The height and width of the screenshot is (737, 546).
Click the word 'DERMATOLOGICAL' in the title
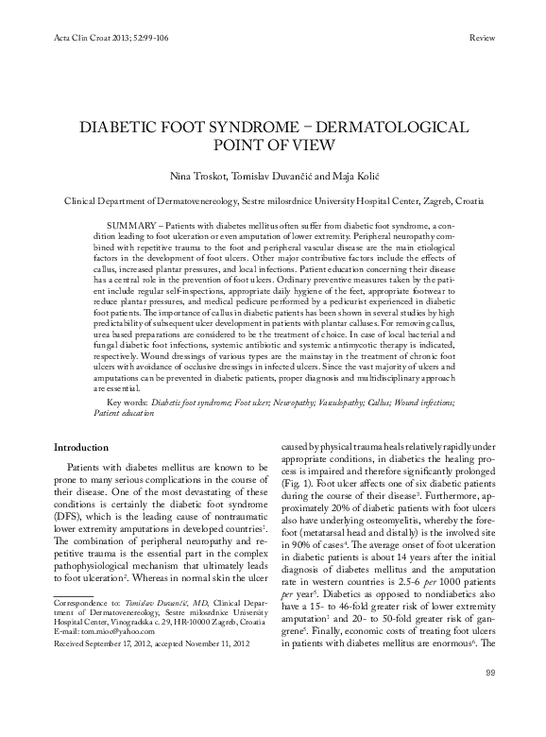(x=381, y=127)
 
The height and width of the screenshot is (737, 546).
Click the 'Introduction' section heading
(x=81, y=447)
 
